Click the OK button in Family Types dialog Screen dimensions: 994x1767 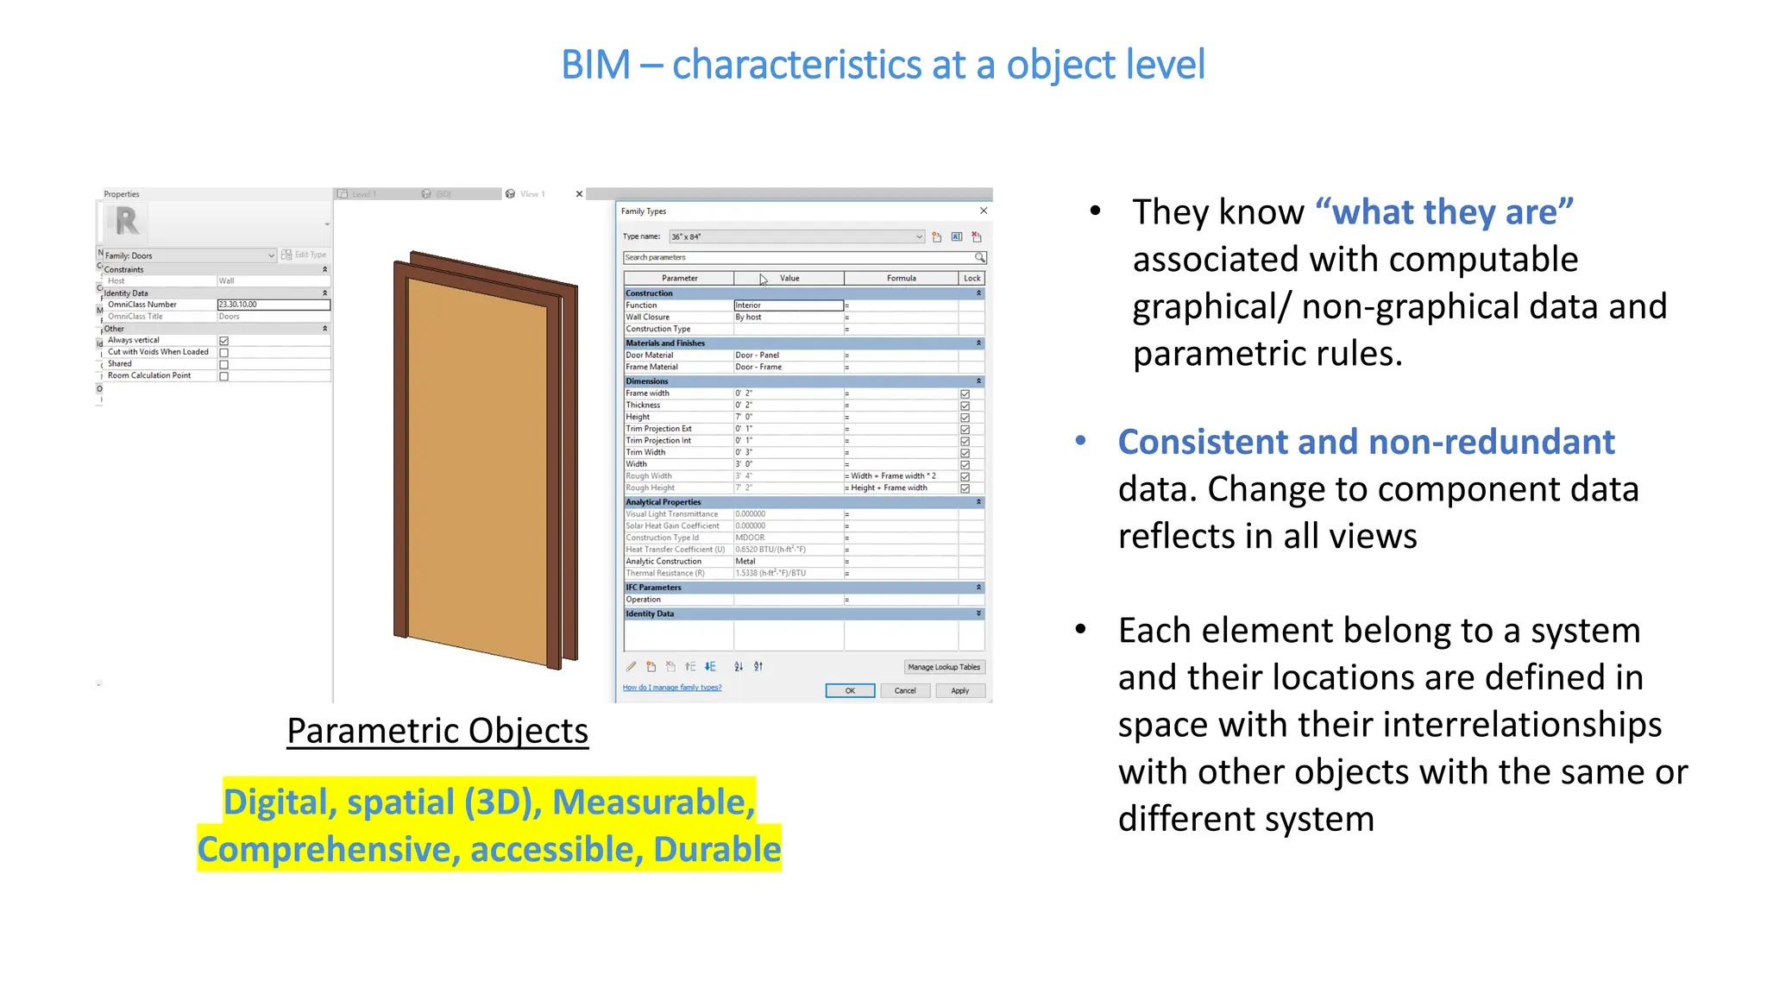pyautogui.click(x=850, y=690)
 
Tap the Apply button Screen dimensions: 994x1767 pyautogui.click(x=959, y=690)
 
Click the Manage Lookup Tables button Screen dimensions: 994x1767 pyautogui.click(x=944, y=667)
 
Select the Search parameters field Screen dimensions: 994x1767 pyautogui.click(x=798, y=257)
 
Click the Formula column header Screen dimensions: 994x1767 pyautogui.click(x=901, y=278)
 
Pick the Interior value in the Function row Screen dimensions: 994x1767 pyautogui.click(x=788, y=305)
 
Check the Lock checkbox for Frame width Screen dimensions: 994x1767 pyautogui.click(x=965, y=394)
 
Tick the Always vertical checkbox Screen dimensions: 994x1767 pyautogui.click(x=224, y=341)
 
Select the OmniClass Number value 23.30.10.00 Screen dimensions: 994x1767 pyautogui.click(x=273, y=305)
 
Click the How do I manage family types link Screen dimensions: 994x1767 pyautogui.click(x=672, y=688)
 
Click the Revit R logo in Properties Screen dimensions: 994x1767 pyautogui.click(x=127, y=222)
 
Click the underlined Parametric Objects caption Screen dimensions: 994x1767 pyautogui.click(x=437, y=731)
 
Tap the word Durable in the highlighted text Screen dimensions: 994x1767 pyautogui.click(x=717, y=849)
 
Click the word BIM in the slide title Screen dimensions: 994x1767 pyautogui.click(x=595, y=65)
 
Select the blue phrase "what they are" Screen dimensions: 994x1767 pyautogui.click(x=1444, y=212)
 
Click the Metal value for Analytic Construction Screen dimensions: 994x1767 pyautogui.click(x=745, y=562)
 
